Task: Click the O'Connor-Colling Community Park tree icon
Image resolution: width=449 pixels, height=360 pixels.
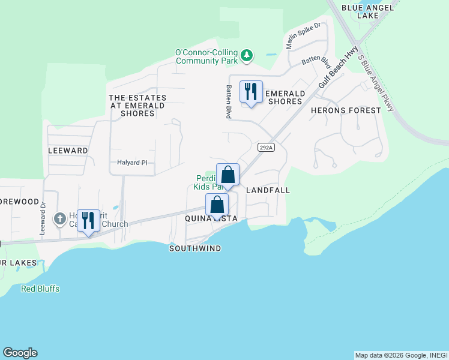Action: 247,56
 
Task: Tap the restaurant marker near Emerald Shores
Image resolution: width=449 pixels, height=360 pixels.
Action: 251,92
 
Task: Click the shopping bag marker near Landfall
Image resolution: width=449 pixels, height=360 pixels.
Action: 228,175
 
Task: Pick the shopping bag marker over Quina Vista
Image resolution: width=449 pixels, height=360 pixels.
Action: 217,205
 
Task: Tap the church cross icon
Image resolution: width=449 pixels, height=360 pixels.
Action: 59,219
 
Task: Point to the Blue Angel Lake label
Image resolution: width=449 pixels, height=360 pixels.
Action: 368,11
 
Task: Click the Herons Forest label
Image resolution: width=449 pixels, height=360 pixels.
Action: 346,110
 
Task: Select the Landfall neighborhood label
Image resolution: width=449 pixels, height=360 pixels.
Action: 268,190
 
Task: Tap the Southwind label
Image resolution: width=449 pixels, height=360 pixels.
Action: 195,248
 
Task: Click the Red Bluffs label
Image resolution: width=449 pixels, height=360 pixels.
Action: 40,289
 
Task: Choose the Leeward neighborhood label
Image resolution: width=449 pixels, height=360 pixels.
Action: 68,151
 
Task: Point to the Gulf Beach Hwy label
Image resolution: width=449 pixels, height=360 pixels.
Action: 338,67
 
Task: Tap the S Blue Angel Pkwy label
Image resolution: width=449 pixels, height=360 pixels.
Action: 376,83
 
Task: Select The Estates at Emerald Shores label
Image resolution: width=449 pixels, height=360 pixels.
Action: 137,105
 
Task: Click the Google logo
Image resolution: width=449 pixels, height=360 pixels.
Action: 20,353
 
